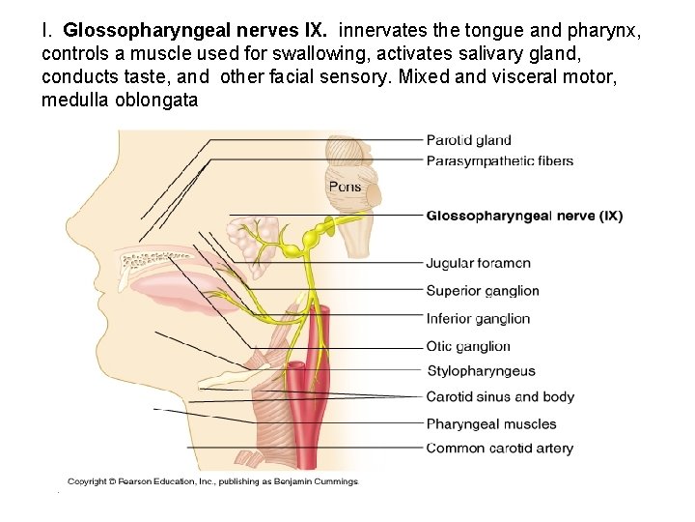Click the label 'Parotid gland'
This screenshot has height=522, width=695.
[x=468, y=140]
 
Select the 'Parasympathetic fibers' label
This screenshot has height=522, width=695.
[x=499, y=160]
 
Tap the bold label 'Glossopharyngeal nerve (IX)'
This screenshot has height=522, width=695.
[x=524, y=216]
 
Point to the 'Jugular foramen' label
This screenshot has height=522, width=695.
[x=478, y=263]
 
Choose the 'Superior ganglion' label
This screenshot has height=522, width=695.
[x=482, y=291]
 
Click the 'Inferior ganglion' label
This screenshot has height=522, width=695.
[x=478, y=318]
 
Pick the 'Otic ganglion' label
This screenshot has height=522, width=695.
[x=468, y=346]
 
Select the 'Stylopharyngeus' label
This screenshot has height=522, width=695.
[x=481, y=370]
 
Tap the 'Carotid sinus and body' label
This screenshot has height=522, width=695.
[x=500, y=396]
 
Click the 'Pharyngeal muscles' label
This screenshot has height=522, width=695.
[x=491, y=423]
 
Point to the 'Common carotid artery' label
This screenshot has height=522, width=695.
[x=499, y=448]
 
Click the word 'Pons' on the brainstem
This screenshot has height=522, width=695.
[x=345, y=187]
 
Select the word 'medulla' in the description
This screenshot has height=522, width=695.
[x=72, y=100]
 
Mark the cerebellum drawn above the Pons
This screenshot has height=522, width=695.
[x=345, y=155]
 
